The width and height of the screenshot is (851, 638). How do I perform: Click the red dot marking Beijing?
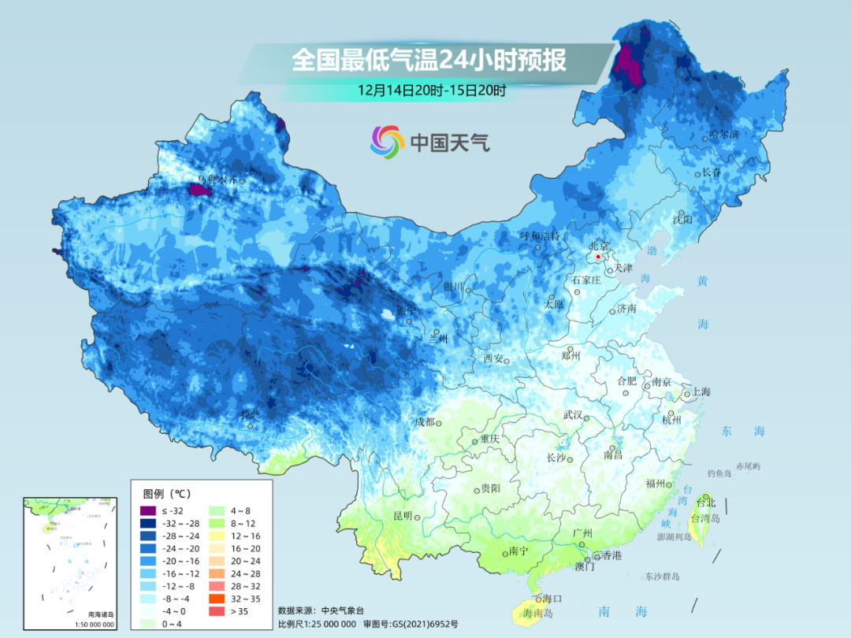pos(599,256)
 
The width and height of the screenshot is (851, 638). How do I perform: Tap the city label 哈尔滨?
pos(723,135)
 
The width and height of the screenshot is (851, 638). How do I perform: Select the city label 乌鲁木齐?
pos(217,180)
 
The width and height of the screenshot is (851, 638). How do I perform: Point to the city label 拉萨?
pos(249,414)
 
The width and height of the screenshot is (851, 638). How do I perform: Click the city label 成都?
pos(425,421)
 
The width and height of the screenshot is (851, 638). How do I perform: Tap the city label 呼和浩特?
pos(539,236)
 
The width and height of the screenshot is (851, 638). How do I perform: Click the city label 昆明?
pos(402,515)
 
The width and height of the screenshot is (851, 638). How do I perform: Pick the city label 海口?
pos(552,599)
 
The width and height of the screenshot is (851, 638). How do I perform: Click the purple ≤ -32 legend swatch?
pos(146,512)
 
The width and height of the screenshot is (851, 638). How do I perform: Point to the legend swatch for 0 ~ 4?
pos(146,624)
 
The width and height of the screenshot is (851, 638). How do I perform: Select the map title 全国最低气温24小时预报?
pos(429,60)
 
